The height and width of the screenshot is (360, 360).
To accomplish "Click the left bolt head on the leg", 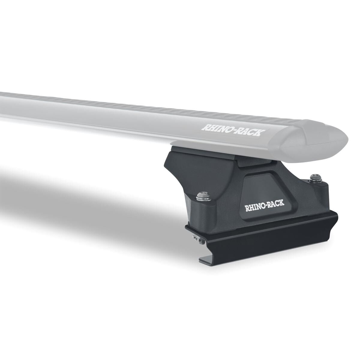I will pos(200,196).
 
